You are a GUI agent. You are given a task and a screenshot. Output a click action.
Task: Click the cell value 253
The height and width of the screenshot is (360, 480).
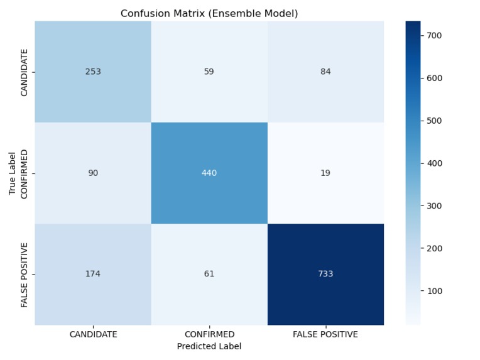point(93,72)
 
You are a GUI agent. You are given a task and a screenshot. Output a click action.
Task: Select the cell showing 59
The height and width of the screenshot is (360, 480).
point(209,72)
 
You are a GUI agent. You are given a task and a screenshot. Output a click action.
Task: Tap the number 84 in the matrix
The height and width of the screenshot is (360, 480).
point(325,72)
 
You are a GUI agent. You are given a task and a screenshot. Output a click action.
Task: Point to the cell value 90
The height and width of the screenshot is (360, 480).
point(93,173)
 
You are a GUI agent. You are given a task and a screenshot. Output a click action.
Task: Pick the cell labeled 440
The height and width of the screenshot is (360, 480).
point(209,173)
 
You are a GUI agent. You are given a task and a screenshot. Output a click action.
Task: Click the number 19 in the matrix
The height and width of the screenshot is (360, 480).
point(325,173)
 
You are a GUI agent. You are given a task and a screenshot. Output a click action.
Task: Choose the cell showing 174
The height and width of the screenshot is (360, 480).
point(93,274)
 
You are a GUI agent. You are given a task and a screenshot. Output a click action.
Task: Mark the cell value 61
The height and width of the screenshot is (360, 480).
point(209,274)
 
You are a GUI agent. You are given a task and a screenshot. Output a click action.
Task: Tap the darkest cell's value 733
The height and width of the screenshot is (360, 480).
point(325,274)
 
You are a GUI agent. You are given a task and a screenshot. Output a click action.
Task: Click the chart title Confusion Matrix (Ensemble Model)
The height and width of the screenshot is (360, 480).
point(209,13)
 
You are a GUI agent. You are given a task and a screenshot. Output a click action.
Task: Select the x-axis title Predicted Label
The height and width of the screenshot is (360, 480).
point(209,346)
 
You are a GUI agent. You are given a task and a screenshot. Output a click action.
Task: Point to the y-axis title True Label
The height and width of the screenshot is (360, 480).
point(12,173)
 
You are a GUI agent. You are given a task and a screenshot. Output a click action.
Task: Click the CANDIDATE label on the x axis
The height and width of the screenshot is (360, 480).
point(93,334)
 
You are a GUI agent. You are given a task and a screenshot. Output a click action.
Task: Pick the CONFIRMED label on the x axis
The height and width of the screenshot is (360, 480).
point(209,334)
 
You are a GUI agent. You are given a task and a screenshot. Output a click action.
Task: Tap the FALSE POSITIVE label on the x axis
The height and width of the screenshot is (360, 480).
point(325,334)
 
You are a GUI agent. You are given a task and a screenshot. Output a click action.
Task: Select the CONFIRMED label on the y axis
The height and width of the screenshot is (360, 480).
point(24,174)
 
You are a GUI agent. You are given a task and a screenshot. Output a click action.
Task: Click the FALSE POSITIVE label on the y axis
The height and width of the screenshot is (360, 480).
point(24,275)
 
